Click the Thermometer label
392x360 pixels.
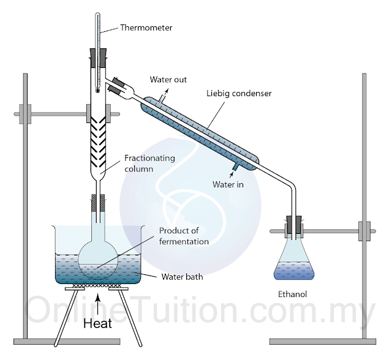point(146,28)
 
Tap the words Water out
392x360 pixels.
point(168,80)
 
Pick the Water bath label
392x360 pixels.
point(182,277)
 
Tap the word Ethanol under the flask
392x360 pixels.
point(292,294)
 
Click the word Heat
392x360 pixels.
point(98,323)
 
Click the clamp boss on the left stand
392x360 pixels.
point(25,113)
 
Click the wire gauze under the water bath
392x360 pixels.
point(98,287)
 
